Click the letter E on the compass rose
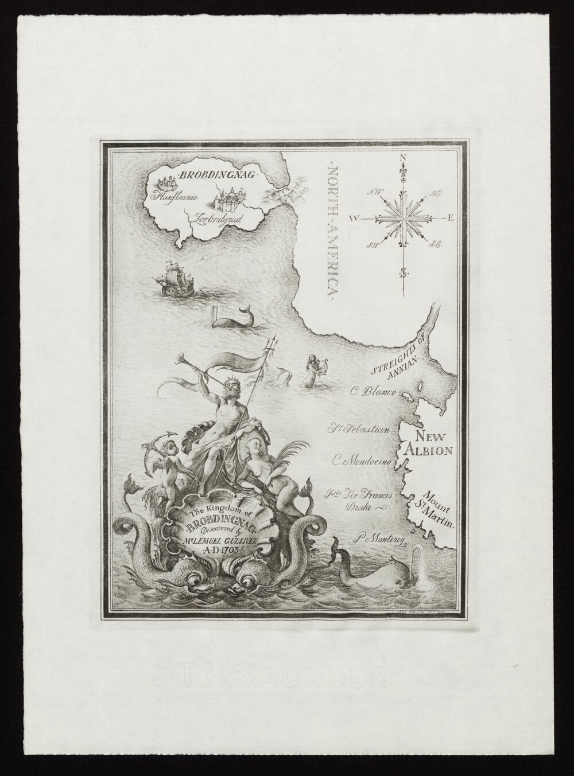451,218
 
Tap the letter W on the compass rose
355,219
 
